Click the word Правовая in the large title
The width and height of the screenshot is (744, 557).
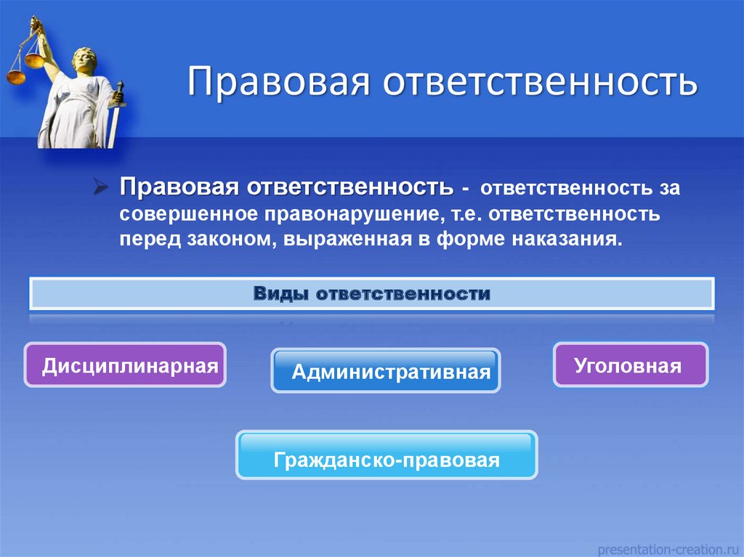278,81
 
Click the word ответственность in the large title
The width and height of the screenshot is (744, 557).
541,81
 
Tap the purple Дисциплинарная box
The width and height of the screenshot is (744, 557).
125,365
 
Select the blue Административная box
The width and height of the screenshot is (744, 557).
386,370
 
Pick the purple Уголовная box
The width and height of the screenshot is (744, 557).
631,365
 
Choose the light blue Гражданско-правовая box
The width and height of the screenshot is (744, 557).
387,455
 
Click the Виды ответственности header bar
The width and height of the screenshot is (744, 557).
372,293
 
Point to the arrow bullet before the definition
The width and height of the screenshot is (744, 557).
101,187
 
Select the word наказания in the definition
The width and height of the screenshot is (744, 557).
567,239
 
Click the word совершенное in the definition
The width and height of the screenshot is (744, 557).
188,214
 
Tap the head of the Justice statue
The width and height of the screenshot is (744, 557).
84,60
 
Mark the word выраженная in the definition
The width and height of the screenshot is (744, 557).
348,239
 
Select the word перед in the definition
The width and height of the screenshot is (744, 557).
150,240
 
